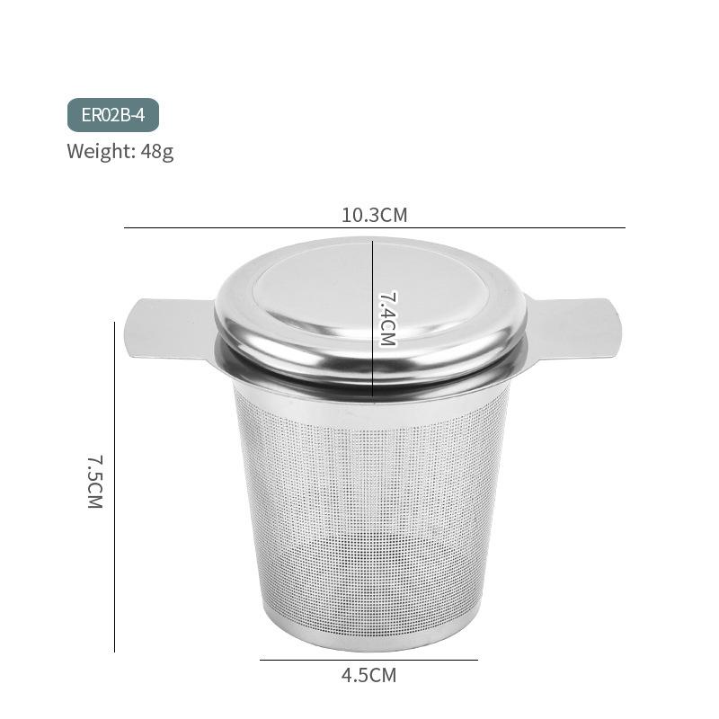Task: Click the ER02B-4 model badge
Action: (x=112, y=115)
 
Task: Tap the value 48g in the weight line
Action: (x=157, y=151)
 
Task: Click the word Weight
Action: (x=100, y=151)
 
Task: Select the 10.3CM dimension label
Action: (x=374, y=215)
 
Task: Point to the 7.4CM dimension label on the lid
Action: (x=387, y=318)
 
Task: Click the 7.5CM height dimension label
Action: (x=95, y=482)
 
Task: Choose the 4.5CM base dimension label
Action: (x=368, y=675)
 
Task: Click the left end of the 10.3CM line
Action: (x=125, y=228)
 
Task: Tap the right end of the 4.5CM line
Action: (x=477, y=661)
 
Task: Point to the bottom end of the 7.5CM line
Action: (x=115, y=651)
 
